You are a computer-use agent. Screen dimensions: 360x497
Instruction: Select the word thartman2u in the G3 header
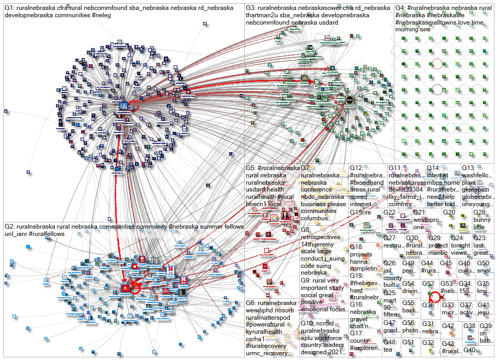pyautogui.click(x=264, y=15)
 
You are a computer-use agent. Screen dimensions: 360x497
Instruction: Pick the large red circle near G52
pyautogui.click(x=434, y=297)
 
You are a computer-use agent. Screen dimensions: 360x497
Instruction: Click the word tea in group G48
pyautogui.click(x=388, y=350)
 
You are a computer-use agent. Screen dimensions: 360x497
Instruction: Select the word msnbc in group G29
pyautogui.click(x=437, y=253)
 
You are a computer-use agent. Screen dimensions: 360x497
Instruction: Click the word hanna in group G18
pyautogui.click(x=360, y=262)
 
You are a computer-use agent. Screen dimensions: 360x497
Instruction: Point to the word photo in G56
pyautogui.click(x=410, y=331)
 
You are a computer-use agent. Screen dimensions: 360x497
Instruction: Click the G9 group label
pyautogui.click(x=306, y=280)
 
